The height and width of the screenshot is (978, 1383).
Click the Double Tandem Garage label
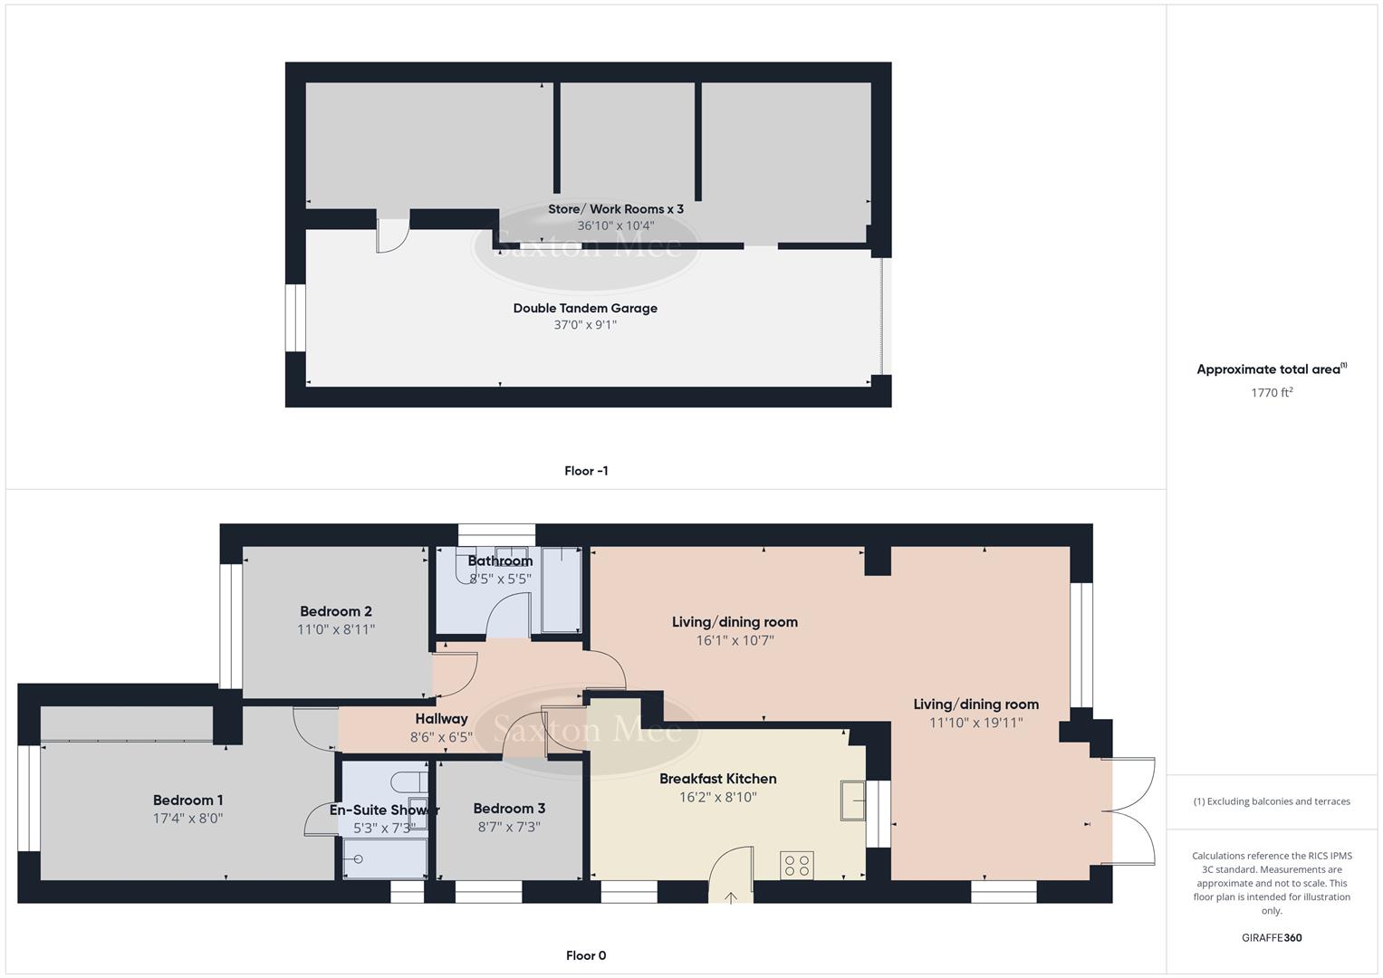click(585, 308)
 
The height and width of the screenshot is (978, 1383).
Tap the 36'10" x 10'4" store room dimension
click(616, 225)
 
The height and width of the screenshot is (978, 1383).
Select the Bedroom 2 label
click(336, 611)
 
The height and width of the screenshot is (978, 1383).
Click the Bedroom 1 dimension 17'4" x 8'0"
click(187, 818)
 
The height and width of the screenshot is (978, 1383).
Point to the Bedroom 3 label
click(509, 809)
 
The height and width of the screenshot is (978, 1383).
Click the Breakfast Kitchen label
click(717, 779)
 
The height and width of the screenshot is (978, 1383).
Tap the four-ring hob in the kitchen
click(797, 866)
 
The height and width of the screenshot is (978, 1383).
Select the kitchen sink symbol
click(852, 800)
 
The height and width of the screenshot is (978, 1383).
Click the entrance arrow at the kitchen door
click(731, 896)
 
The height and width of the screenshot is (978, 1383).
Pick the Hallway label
click(441, 719)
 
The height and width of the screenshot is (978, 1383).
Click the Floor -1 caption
click(586, 471)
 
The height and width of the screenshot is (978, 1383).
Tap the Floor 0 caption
click(586, 955)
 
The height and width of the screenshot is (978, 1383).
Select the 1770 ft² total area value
click(1272, 392)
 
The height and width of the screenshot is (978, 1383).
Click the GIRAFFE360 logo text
click(1272, 937)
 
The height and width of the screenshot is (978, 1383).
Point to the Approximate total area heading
click(1271, 369)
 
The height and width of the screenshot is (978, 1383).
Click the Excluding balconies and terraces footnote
click(1272, 801)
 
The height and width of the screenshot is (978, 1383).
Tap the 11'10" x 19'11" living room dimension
click(975, 723)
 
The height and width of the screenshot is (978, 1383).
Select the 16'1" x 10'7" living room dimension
click(735, 640)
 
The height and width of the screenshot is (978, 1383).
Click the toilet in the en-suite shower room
click(412, 781)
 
